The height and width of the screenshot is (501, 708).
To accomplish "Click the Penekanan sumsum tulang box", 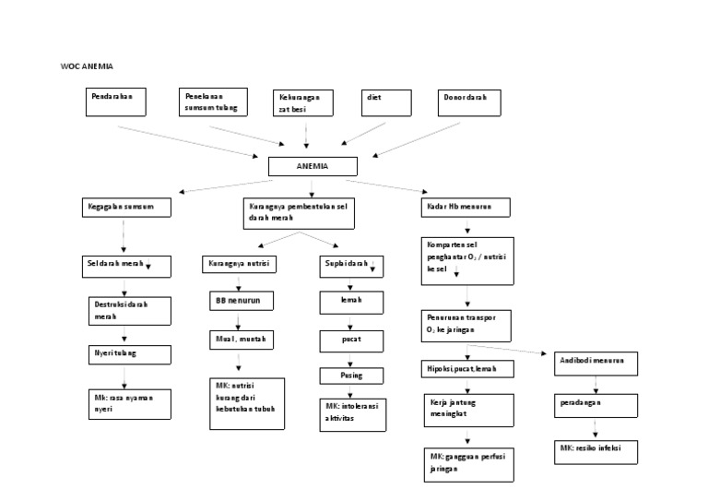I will (211, 102).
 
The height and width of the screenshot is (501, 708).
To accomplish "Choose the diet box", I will (384, 102).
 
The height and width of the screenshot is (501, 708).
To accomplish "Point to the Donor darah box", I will (470, 102).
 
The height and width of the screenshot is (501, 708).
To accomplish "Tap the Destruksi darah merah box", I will (130, 310).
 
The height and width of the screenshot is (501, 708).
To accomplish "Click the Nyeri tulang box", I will (130, 353).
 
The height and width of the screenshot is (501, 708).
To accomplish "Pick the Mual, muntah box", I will (239, 340).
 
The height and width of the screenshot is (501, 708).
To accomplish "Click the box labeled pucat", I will (350, 340).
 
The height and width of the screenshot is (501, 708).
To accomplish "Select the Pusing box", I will (351, 376).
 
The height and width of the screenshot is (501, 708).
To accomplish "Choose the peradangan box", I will (594, 405).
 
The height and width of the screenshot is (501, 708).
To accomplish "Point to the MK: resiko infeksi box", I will (595, 449).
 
